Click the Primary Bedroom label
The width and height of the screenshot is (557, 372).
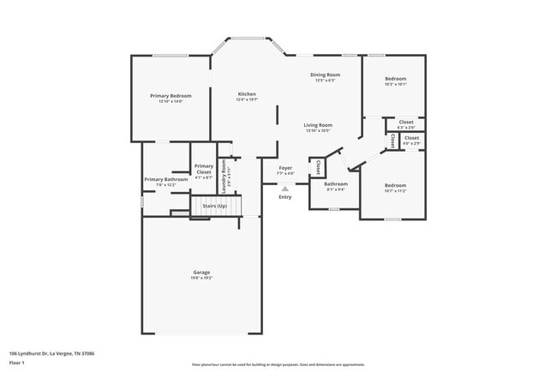pos(171,95)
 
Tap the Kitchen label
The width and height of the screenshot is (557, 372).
pos(247,93)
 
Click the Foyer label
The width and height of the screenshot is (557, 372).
pos(285,168)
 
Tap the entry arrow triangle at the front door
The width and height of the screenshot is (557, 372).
pos(285,189)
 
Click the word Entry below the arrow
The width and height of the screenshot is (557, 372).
pos(284,197)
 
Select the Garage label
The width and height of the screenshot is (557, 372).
pos(201,273)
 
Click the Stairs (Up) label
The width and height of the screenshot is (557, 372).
pos(214,206)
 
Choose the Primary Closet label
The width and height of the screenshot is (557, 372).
pos(203,169)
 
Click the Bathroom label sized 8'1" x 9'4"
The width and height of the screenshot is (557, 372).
pos(335,183)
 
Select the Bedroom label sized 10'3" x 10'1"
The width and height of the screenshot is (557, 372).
pos(395,79)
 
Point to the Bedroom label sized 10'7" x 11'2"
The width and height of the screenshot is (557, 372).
pos(395,185)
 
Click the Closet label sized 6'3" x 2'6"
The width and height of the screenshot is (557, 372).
pos(406,122)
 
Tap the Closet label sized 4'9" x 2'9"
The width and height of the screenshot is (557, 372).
pos(411,137)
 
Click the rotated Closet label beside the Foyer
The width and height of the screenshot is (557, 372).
pos(318,166)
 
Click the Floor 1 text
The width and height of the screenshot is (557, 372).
pos(17,363)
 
